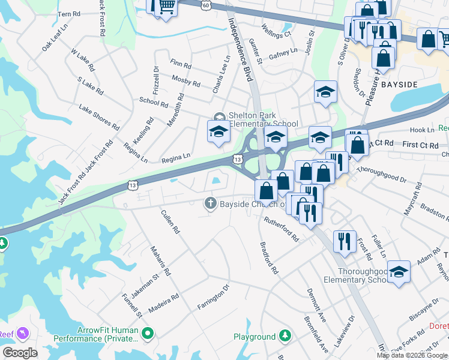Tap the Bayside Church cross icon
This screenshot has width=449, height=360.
click(211, 203)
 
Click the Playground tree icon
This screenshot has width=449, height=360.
click(286, 337)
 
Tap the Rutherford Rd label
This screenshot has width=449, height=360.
click(282, 229)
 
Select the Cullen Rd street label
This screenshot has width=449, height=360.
click(170, 221)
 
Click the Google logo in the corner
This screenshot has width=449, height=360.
click(20, 353)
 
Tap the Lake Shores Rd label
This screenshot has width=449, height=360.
click(99, 117)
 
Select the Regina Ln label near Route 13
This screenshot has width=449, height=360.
click(176, 158)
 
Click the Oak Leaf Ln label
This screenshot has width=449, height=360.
click(55, 37)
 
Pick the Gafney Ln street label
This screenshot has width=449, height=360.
click(283, 53)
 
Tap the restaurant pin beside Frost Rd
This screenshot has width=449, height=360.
click(344, 241)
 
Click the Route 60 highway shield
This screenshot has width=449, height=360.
click(206, 5)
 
